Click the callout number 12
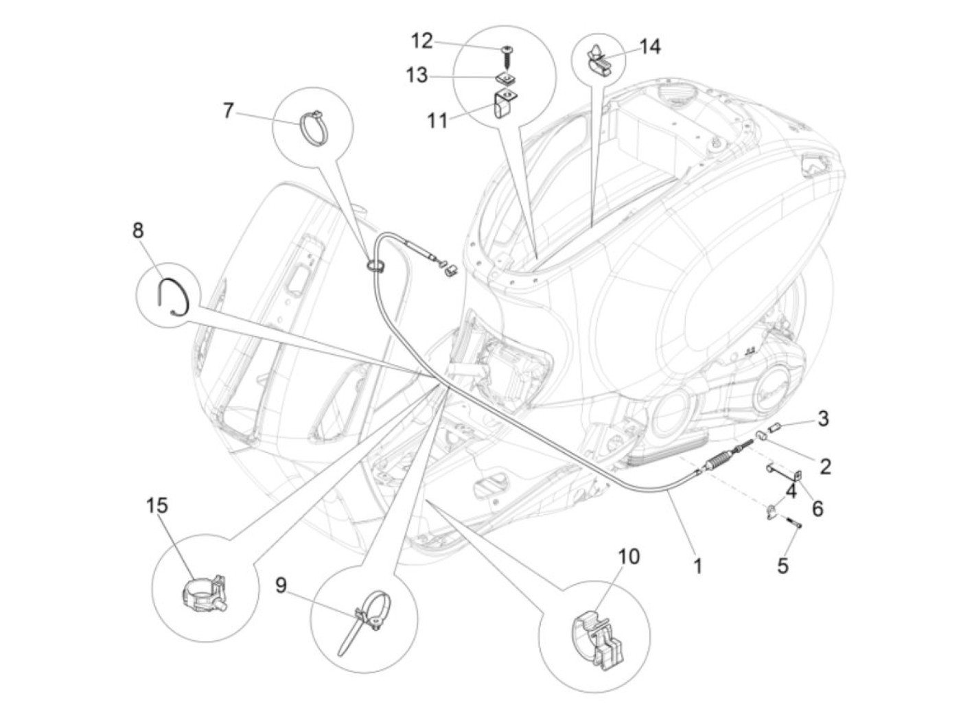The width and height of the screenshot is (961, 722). point(421,41)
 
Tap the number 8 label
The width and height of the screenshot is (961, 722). point(139,230)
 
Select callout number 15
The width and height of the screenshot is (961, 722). point(157,506)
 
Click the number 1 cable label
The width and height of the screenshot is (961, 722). point(697,566)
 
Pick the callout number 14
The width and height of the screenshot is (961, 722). point(650,47)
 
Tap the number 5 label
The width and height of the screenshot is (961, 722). point(783,566)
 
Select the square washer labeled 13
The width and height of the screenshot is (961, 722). point(506,78)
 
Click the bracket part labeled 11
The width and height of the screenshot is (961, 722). point(504,104)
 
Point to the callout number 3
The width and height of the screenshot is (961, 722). point(822,417)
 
